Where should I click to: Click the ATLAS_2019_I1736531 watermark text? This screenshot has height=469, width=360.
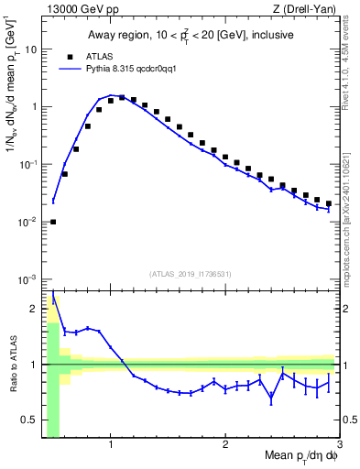[x=191, y=273]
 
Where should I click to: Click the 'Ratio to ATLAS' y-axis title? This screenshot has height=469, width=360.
[x=13, y=365]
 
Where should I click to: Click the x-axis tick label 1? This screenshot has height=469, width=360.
[x=111, y=445]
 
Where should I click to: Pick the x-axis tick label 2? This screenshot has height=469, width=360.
[x=225, y=445]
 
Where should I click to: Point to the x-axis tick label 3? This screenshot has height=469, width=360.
[x=339, y=445]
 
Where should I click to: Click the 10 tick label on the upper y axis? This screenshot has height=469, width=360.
[x=30, y=49]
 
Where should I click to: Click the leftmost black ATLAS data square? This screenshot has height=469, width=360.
[x=53, y=222]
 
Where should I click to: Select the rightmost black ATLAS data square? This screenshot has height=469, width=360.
[x=329, y=203]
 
